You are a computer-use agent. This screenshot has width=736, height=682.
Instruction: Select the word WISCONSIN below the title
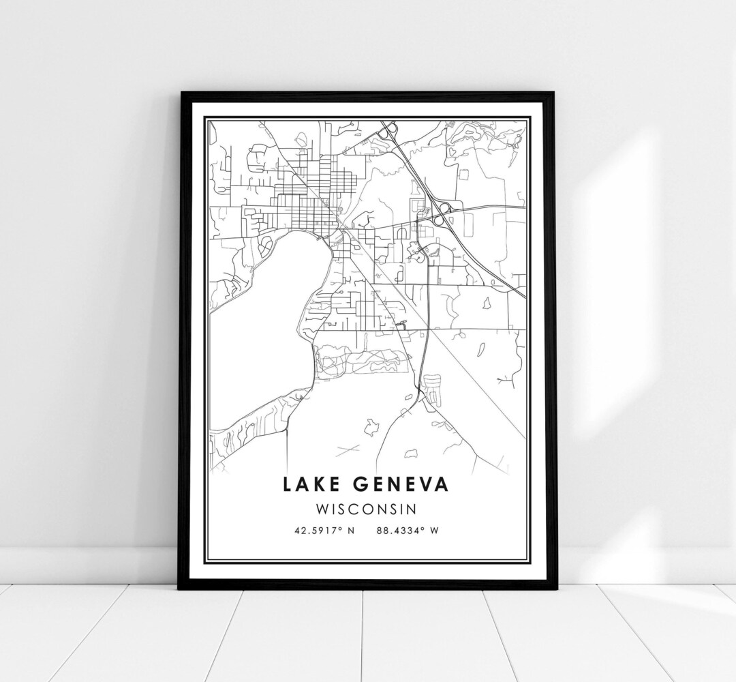click(367, 509)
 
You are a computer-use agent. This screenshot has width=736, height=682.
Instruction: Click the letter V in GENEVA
click(428, 484)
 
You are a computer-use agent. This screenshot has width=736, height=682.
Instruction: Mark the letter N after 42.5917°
click(352, 531)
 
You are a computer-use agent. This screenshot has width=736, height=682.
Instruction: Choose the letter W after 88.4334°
click(434, 531)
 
